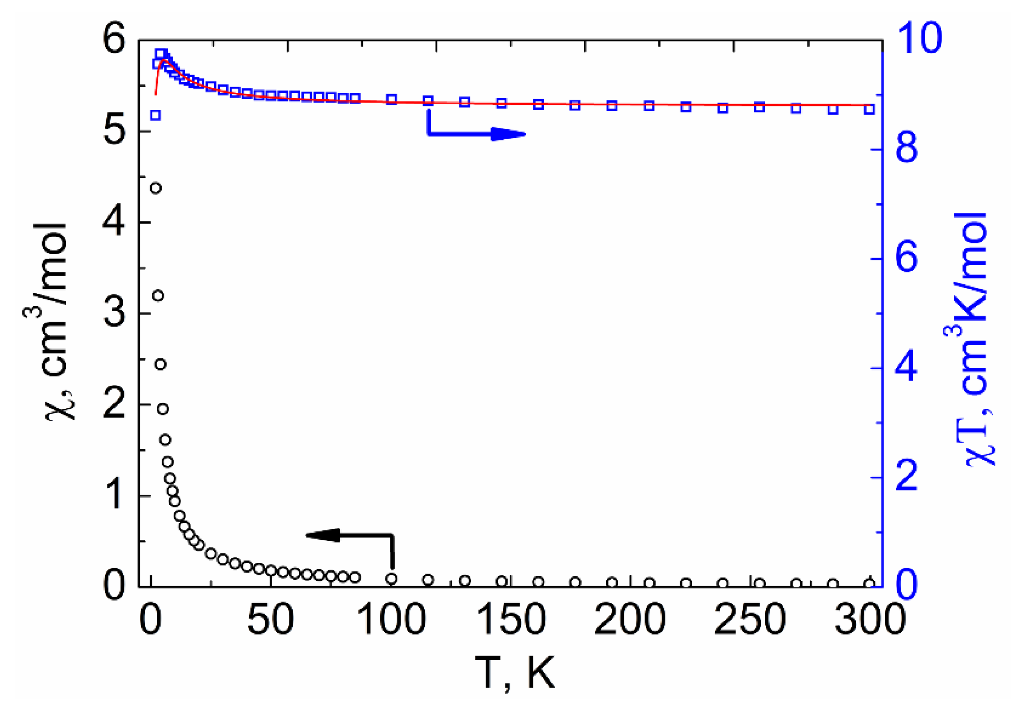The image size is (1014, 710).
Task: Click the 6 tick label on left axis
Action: coord(114,40)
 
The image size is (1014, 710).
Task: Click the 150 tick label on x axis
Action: coord(510,619)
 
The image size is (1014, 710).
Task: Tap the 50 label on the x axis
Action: coord(270,619)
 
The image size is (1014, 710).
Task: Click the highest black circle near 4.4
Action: coord(155,188)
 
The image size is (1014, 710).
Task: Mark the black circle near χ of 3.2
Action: coord(158,295)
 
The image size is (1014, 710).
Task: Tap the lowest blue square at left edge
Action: coord(155,116)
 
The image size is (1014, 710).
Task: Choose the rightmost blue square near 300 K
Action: coord(870,109)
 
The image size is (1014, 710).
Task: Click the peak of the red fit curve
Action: coord(163,60)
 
